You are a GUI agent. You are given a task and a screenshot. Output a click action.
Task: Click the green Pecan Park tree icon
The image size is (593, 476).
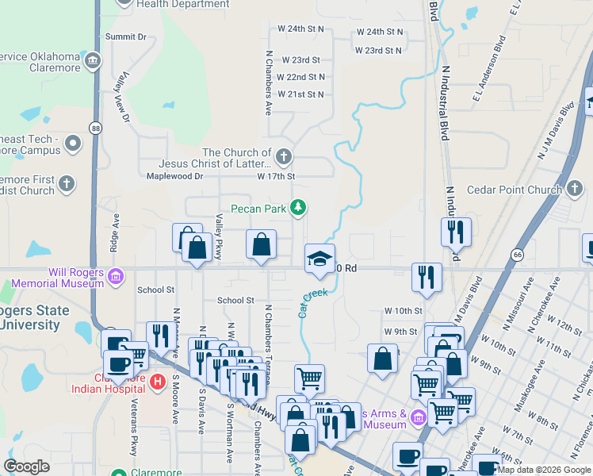298,208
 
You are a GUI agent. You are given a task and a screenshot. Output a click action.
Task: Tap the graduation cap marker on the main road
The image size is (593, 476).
319,259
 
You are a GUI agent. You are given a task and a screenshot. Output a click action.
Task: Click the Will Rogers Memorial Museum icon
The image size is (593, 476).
117,277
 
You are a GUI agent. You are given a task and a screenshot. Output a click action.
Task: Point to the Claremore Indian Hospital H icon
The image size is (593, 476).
157,382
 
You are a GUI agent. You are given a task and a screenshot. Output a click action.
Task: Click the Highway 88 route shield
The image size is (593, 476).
95,128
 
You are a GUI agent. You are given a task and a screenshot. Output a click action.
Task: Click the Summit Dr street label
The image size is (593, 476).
126,36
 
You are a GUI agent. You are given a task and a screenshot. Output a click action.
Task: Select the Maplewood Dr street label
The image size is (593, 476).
175,176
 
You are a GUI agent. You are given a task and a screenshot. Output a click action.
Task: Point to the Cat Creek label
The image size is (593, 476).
312,302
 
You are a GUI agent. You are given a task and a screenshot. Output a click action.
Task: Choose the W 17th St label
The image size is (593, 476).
276,176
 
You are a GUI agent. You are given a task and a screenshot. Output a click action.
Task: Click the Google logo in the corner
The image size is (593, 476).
27,466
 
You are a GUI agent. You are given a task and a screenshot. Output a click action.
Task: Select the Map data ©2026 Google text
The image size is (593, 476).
544,470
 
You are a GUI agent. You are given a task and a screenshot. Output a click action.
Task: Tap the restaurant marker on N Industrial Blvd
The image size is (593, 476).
456,232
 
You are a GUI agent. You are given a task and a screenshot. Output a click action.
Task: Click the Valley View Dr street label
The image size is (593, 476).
125,97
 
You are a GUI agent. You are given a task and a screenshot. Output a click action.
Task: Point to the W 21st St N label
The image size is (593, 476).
300,94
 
